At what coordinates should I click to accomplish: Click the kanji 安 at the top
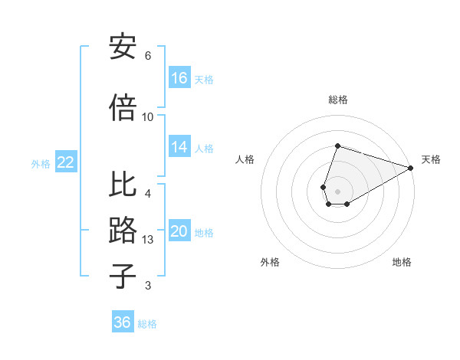[x=123, y=48]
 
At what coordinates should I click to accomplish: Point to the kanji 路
[x=123, y=231]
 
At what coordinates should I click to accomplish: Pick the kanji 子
[x=123, y=275]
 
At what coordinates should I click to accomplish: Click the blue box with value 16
[x=179, y=78]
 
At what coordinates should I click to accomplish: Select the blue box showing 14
[x=179, y=148]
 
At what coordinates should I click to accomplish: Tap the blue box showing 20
[x=179, y=232]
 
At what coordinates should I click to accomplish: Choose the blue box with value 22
[x=66, y=162]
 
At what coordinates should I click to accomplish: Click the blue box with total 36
[x=123, y=322]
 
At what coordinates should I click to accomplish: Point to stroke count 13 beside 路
[x=149, y=240]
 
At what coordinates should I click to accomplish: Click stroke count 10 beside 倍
[x=148, y=116]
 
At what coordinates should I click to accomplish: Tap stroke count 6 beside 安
[x=148, y=56]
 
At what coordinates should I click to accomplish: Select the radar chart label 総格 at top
[x=338, y=100]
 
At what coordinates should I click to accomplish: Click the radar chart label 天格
[x=431, y=159]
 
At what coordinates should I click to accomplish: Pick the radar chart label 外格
[x=270, y=262]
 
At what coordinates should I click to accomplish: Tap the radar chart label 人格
[x=245, y=159]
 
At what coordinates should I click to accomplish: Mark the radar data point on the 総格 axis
[x=337, y=146]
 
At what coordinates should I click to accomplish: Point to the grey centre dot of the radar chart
[x=337, y=190]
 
